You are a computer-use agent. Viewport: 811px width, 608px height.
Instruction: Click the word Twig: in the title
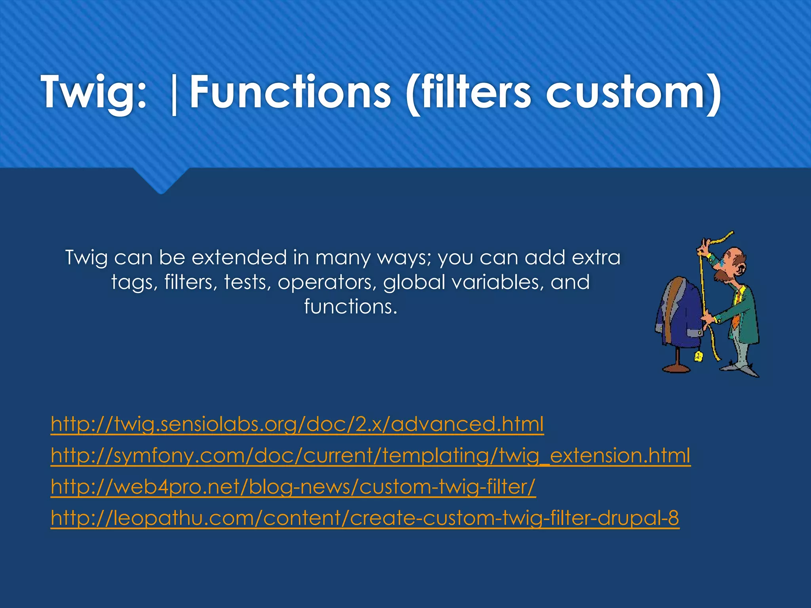(93, 93)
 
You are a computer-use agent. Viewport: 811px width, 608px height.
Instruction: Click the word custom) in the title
(634, 93)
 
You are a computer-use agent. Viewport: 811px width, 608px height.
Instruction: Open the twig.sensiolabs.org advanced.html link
(297, 424)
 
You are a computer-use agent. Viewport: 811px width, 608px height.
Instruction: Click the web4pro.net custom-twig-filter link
(293, 486)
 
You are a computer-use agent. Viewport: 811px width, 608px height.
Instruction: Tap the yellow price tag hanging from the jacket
(698, 357)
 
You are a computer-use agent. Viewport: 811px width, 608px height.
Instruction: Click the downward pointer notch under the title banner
(160, 182)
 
